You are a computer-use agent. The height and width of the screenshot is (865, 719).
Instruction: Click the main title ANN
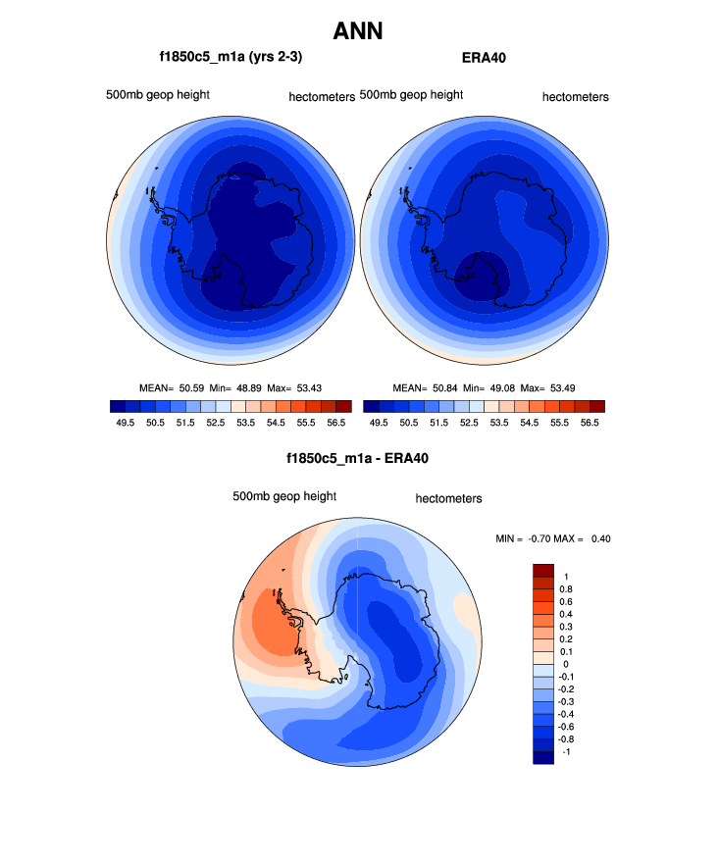pyautogui.click(x=358, y=31)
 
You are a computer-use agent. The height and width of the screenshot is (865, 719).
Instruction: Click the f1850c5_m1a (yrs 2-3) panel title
pyautogui.click(x=231, y=58)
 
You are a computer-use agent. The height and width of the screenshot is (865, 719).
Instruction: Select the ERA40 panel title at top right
pyautogui.click(x=484, y=58)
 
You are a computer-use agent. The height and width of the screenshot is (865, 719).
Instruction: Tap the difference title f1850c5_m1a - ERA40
pyautogui.click(x=358, y=458)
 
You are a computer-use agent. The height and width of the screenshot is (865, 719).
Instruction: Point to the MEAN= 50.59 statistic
pyautogui.click(x=172, y=387)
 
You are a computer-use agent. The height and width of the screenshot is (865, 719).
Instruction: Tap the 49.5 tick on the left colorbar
pyautogui.click(x=124, y=422)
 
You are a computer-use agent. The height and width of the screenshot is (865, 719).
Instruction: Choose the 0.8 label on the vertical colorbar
pyautogui.click(x=566, y=589)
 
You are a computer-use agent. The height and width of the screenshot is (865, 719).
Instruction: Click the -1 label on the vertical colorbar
pyautogui.click(x=566, y=750)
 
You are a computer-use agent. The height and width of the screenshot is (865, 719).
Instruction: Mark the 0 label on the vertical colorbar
pyautogui.click(x=566, y=664)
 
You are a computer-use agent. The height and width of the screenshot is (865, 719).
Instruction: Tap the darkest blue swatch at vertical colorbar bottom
pyautogui.click(x=543, y=756)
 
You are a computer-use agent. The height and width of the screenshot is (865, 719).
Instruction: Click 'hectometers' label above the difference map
pyautogui.click(x=448, y=498)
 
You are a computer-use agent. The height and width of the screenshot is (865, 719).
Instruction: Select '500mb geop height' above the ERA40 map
pyautogui.click(x=411, y=95)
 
